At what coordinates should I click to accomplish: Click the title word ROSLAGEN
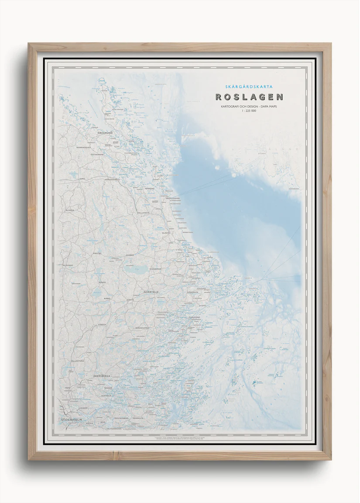point(249,97)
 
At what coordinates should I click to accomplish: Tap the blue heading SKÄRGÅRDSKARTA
point(249,86)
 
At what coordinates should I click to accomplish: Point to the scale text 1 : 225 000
point(249,111)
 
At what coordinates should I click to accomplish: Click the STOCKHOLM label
point(72,420)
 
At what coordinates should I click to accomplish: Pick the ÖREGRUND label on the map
point(105,132)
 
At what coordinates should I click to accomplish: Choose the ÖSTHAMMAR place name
point(97,154)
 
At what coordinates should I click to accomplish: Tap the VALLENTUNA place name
point(78,361)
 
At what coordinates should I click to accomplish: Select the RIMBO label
point(106,298)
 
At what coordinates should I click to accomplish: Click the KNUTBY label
point(98,253)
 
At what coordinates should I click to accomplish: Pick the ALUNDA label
point(70,210)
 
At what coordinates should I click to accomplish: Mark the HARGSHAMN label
point(111,179)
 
